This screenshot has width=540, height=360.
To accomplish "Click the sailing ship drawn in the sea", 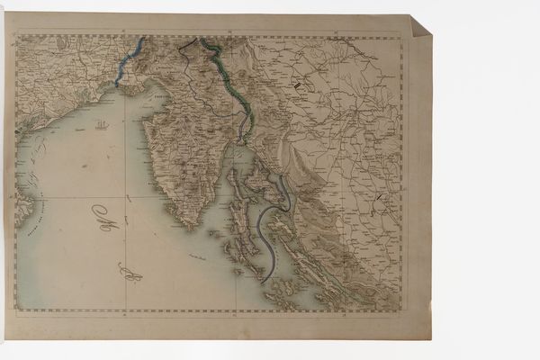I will coord(102,124).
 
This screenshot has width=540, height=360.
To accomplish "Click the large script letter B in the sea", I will coord(130,270).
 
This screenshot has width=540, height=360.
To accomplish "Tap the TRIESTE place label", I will coord(165,94).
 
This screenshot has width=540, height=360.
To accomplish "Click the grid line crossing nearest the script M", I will coord(123,195).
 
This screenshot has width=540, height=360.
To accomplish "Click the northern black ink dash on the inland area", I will coord(297,84).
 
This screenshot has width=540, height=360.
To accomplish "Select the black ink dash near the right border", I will coord(382,196).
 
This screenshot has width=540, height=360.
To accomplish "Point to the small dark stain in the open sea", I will coord(85,166).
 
